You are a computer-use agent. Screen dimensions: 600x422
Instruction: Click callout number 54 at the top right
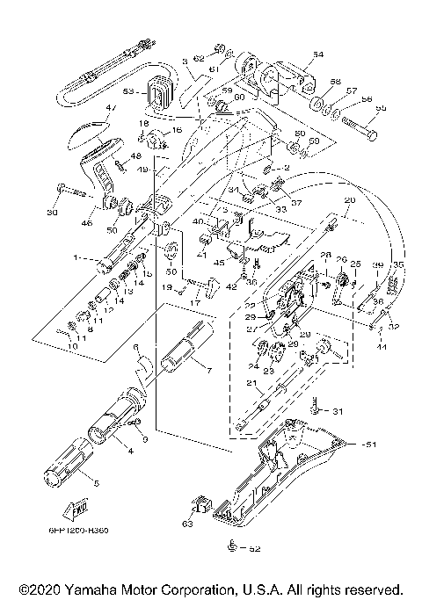[x=317, y=54]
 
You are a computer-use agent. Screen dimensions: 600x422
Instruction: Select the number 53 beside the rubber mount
[x=128, y=91]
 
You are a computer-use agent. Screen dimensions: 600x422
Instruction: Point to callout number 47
[x=111, y=109]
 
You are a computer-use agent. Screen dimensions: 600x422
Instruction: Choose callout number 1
[x=78, y=259]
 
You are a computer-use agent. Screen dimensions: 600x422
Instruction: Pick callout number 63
[x=186, y=524]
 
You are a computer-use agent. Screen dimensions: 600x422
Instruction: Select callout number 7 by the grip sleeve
[x=207, y=369]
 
